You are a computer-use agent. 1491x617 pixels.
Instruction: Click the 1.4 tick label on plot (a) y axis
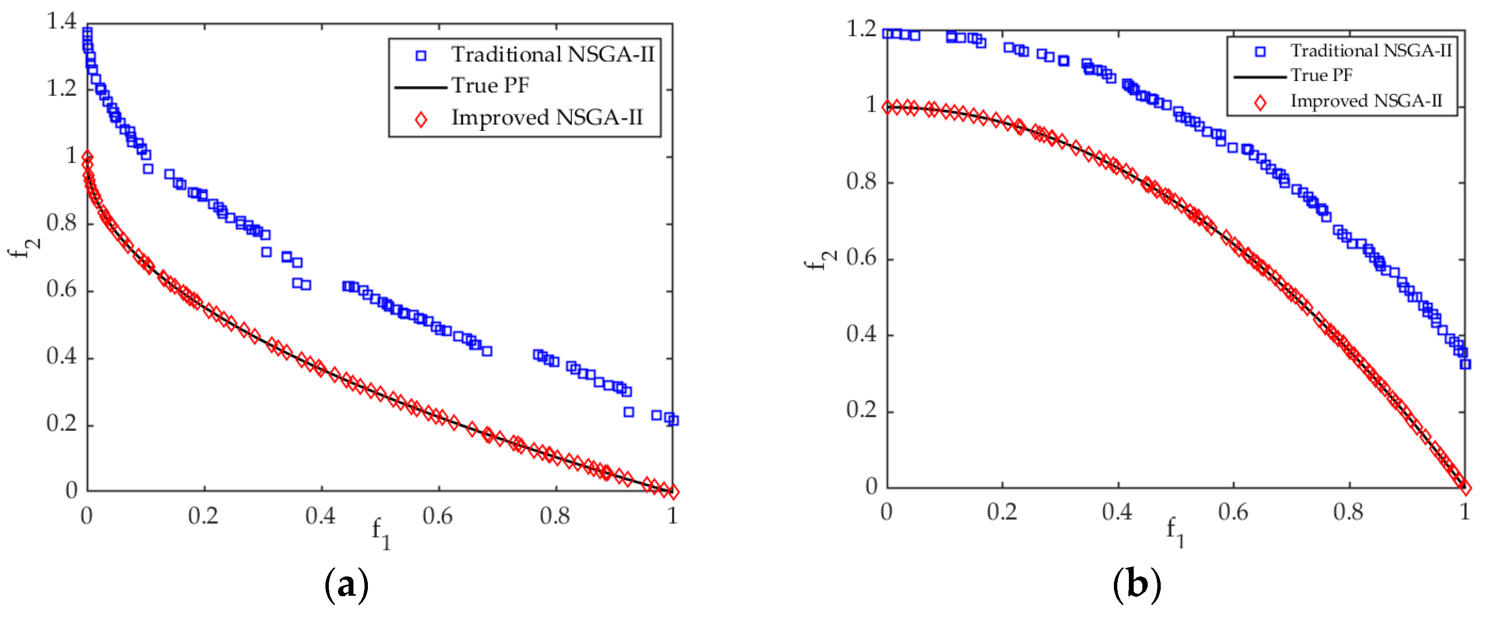tap(61, 22)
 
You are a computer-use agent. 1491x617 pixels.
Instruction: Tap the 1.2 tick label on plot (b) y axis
tap(861, 29)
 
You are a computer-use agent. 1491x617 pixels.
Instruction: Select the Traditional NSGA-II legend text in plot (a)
tap(552, 55)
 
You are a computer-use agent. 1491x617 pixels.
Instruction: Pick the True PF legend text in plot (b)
tap(1321, 75)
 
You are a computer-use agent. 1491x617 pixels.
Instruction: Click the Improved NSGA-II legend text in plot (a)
tap(547, 117)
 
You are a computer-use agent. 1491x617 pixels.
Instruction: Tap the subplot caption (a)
tap(346, 585)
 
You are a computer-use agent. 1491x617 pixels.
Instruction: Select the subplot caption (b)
tap(1136, 584)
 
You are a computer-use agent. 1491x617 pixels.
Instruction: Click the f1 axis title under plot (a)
tap(381, 532)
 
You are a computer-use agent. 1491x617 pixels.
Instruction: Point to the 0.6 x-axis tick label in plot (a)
tap(437, 516)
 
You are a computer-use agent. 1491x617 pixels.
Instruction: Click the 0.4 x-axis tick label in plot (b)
tap(1117, 512)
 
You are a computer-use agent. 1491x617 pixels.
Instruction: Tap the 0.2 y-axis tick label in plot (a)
tap(61, 424)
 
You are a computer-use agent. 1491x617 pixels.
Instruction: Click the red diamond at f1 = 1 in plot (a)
tap(673, 492)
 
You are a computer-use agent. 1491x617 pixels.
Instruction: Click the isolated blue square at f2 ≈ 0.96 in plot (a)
tap(148, 169)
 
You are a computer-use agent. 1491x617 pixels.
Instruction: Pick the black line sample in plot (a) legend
tap(420, 87)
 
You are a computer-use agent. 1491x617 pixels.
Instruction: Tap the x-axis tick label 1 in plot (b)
tap(1464, 512)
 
